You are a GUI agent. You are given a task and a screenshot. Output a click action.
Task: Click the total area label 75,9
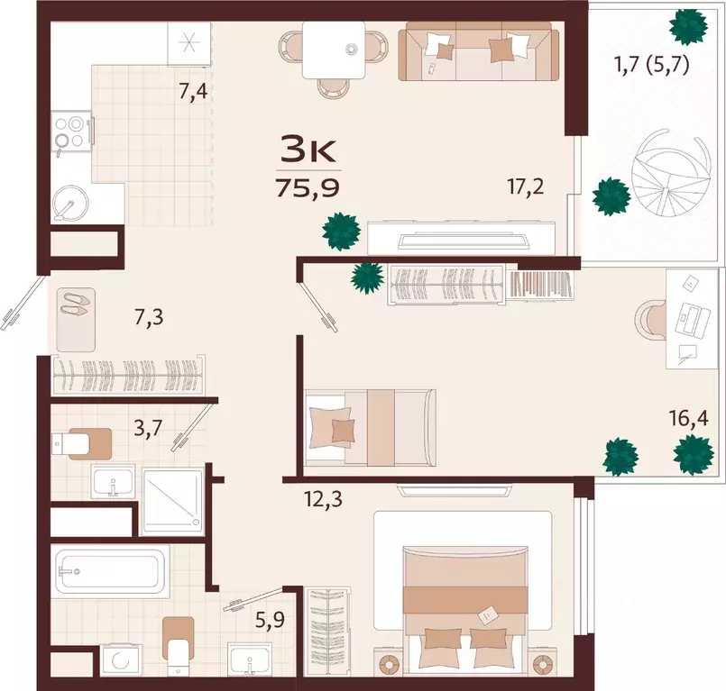click(x=308, y=187)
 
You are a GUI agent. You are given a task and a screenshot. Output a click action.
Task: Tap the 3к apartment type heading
click(x=308, y=150)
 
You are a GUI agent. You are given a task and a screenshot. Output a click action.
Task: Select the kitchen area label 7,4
click(x=193, y=91)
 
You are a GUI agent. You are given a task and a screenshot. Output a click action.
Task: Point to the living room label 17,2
click(x=526, y=186)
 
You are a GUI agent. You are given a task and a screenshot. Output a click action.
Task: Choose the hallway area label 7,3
click(x=149, y=318)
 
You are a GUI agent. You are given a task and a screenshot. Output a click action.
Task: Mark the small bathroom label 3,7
click(x=148, y=428)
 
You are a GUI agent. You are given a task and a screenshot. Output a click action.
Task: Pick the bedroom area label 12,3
click(x=324, y=499)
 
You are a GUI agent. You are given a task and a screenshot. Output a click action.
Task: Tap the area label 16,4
click(x=688, y=419)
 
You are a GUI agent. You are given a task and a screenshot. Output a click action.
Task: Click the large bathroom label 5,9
click(x=270, y=619)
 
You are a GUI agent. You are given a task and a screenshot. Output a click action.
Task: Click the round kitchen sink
click(x=70, y=203)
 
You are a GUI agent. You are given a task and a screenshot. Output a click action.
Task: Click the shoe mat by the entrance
click(x=76, y=320)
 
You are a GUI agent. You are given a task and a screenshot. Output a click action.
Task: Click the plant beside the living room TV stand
click(x=342, y=232)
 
